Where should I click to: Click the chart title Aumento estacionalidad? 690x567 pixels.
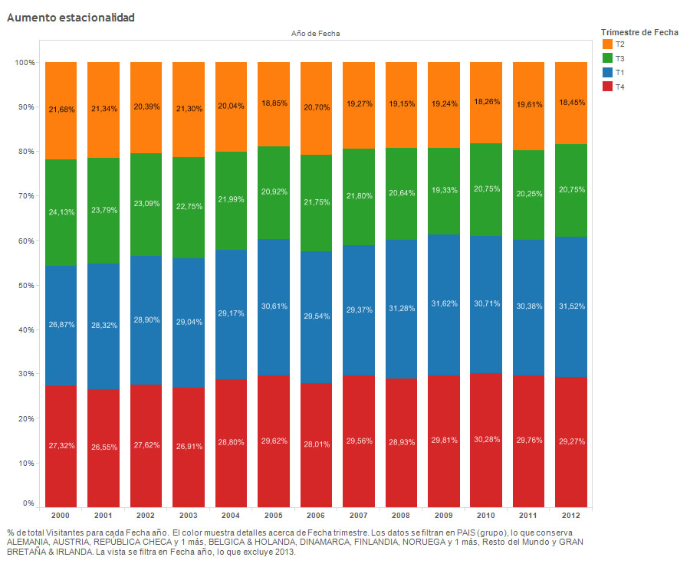(x=71, y=17)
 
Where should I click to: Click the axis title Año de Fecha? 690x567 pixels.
(x=316, y=34)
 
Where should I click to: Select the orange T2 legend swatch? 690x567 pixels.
(x=608, y=44)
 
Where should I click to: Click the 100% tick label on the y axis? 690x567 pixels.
(x=24, y=63)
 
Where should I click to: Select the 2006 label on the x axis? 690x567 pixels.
(x=316, y=515)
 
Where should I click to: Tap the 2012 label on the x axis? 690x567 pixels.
(x=570, y=515)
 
